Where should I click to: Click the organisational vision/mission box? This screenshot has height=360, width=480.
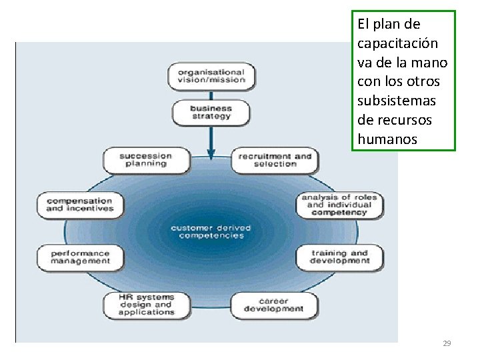[207, 75]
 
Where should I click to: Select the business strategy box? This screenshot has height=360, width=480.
[211, 112]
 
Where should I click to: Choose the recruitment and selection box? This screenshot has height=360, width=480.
[274, 160]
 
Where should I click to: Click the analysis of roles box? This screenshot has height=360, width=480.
[339, 205]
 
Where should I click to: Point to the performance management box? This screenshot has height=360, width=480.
[80, 257]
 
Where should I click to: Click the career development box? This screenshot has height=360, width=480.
[273, 305]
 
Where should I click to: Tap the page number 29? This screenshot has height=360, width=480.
[447, 343]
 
